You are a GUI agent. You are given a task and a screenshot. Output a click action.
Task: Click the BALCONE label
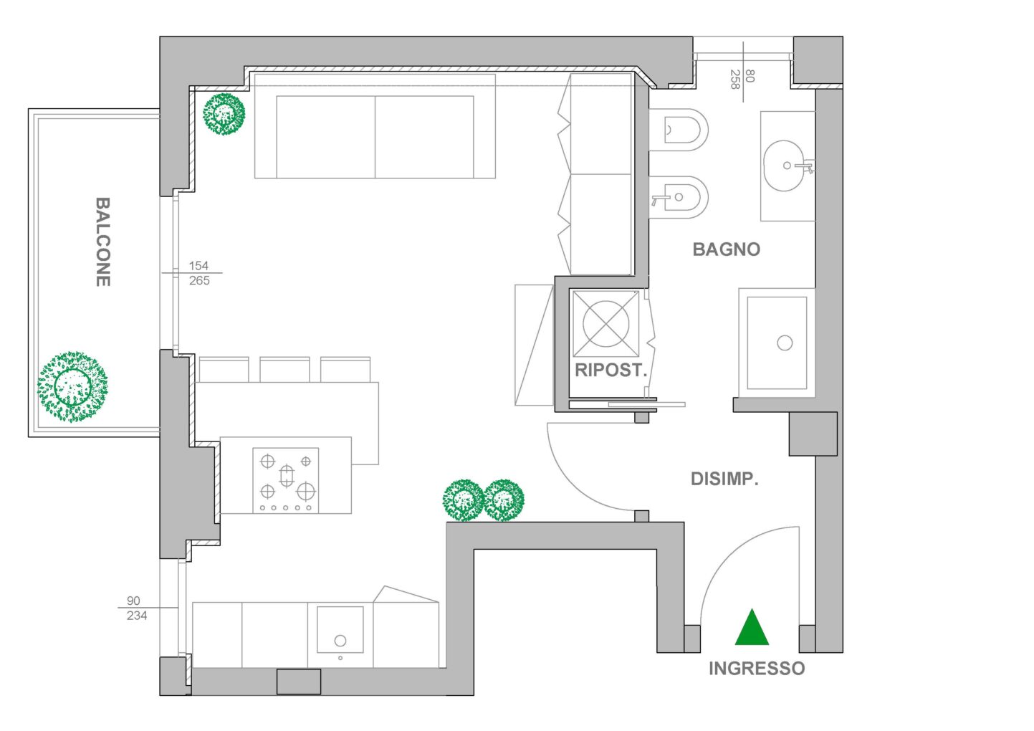click(103, 242)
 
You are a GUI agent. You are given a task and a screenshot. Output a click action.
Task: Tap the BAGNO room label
click(726, 249)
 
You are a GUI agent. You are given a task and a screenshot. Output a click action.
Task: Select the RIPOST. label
click(611, 370)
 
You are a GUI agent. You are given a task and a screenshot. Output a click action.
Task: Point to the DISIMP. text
click(724, 479)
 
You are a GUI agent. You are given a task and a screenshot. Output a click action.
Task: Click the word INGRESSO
click(757, 668)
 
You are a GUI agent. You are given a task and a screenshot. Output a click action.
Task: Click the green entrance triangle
click(752, 626)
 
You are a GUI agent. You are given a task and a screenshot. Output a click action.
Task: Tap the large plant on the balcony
click(72, 386)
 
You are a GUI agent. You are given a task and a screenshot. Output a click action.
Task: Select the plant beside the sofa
click(224, 114)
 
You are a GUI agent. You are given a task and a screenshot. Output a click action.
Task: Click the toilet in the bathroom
click(678, 130)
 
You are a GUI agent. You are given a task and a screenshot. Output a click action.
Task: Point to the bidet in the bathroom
click(678, 197)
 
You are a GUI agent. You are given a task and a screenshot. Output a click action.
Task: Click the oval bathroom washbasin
click(784, 166)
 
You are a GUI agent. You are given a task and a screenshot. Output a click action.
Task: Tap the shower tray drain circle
click(785, 343)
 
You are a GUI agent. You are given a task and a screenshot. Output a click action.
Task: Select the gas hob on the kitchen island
click(286, 480)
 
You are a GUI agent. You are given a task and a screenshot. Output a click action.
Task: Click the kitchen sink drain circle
click(340, 641)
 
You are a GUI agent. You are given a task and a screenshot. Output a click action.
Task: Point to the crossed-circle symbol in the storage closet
click(605, 324)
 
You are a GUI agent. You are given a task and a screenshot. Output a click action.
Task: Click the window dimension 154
click(198, 265)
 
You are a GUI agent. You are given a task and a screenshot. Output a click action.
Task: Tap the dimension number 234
click(137, 615)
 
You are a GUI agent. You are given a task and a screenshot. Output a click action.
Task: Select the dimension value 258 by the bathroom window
click(735, 79)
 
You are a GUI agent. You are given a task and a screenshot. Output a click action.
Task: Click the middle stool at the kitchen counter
click(284, 369)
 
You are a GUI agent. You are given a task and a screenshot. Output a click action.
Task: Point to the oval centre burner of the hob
click(287, 475)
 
